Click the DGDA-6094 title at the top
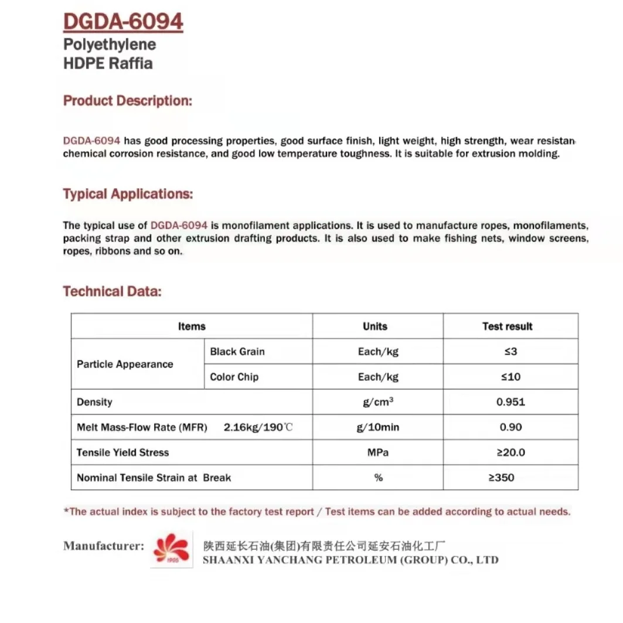(x=123, y=22)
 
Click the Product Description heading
(x=128, y=101)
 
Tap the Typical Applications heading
(x=128, y=194)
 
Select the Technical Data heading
(x=112, y=291)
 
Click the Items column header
(x=192, y=326)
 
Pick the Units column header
(x=375, y=326)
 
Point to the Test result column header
(x=508, y=326)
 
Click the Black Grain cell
(x=237, y=352)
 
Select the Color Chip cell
(x=234, y=377)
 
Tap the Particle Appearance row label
(x=125, y=364)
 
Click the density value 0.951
(x=510, y=402)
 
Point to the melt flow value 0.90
(x=510, y=427)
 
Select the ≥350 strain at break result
(x=502, y=478)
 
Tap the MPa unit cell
(x=378, y=452)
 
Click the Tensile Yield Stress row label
(x=122, y=452)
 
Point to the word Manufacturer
(x=103, y=546)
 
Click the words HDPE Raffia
(x=108, y=64)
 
